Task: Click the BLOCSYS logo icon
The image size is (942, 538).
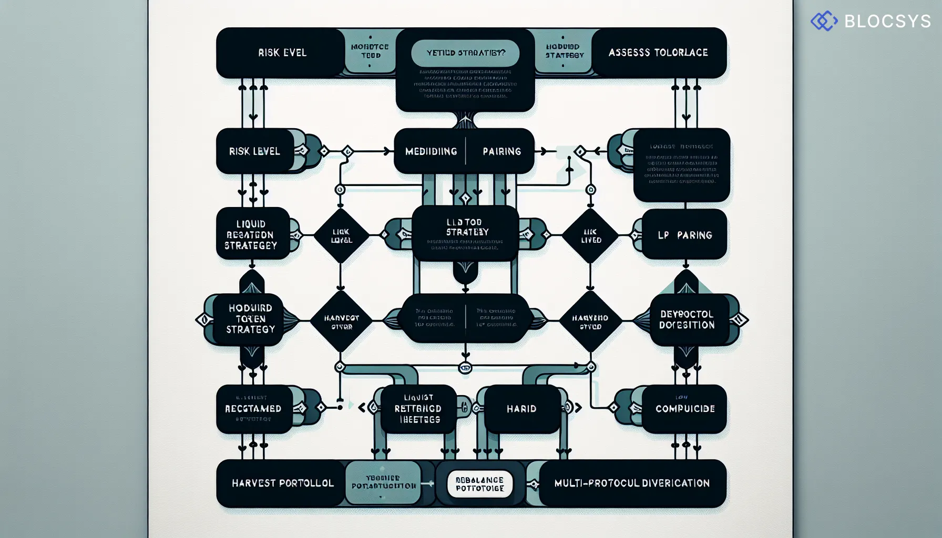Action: (x=824, y=21)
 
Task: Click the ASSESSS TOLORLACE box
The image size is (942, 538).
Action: (x=658, y=53)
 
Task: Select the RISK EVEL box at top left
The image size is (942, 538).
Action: (x=282, y=53)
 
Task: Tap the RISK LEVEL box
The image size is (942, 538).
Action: (x=254, y=151)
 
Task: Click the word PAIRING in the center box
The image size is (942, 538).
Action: (x=501, y=151)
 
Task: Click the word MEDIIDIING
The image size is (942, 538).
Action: (x=431, y=151)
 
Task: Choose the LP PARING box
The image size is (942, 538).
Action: (x=684, y=235)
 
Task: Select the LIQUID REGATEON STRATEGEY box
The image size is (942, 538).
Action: (x=251, y=234)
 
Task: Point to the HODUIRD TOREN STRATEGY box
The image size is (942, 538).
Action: (x=250, y=319)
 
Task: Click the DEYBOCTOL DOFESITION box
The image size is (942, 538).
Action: (x=687, y=319)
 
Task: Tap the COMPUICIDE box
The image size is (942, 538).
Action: (x=684, y=409)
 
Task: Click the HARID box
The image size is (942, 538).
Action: (x=521, y=409)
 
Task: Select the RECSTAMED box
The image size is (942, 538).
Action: (x=253, y=409)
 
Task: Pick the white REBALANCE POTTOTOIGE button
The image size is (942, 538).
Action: (x=479, y=484)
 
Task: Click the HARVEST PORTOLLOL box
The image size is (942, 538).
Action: (x=282, y=483)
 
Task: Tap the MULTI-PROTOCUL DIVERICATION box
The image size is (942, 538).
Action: (x=632, y=483)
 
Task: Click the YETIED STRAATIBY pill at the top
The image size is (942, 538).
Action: (x=465, y=53)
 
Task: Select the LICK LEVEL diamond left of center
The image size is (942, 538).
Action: (x=341, y=235)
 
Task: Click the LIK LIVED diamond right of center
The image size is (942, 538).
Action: (x=590, y=235)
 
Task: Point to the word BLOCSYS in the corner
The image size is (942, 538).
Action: (x=887, y=21)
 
